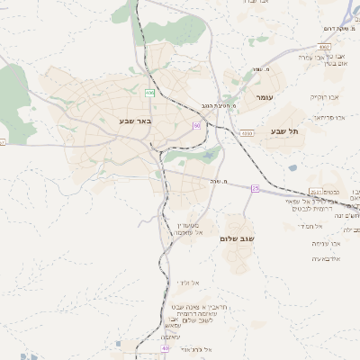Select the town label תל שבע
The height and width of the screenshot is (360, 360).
click(x=283, y=131)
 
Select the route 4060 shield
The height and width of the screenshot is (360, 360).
click(x=247, y=132)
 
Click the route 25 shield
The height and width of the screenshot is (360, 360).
click(x=255, y=188)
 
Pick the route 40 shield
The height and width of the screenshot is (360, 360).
click(x=165, y=347)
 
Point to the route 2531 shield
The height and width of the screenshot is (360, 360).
click(x=313, y=192)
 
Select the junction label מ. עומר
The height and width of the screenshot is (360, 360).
click(x=262, y=68)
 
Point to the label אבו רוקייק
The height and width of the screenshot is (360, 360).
click(x=323, y=96)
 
